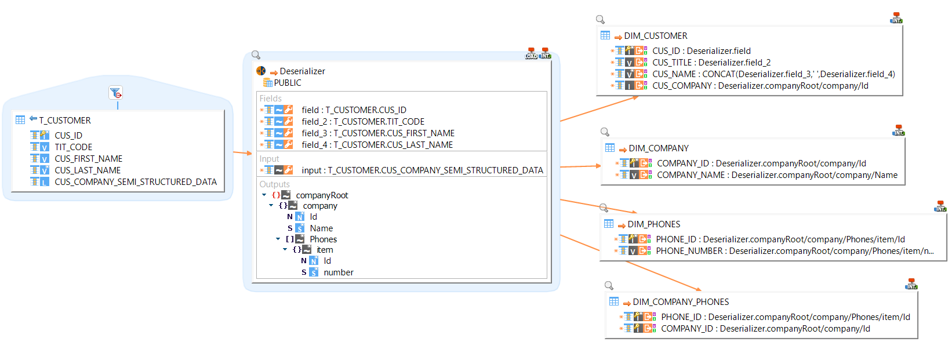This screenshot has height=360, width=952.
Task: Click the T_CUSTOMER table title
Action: pyautogui.click(x=64, y=121)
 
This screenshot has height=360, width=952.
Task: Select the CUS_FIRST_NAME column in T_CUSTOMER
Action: pyautogui.click(x=88, y=159)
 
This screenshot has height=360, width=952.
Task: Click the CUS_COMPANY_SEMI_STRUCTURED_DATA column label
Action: pyautogui.click(x=135, y=182)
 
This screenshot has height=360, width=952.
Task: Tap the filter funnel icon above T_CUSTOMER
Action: pyautogui.click(x=115, y=93)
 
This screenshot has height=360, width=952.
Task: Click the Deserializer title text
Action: pyautogui.click(x=302, y=71)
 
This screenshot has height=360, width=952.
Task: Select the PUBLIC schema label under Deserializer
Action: pyautogui.click(x=287, y=83)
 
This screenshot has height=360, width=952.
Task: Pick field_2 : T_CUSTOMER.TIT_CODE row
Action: pyautogui.click(x=362, y=122)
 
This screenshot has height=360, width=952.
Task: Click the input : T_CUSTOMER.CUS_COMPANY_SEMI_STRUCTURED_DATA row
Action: pyautogui.click(x=422, y=170)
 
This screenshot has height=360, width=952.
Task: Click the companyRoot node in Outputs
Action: pyautogui.click(x=322, y=195)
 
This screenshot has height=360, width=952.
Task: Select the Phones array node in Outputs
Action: pyautogui.click(x=323, y=239)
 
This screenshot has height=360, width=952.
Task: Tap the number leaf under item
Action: pyautogui.click(x=338, y=272)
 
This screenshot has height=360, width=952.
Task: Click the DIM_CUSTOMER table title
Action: pyautogui.click(x=655, y=36)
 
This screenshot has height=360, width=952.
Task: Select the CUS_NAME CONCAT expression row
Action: pyautogui.click(x=773, y=74)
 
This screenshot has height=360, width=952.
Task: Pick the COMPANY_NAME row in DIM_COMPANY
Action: pyautogui.click(x=776, y=175)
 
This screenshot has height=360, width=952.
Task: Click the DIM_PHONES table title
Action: pyautogui.click(x=653, y=224)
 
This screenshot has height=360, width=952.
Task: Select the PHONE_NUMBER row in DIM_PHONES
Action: pyautogui.click(x=794, y=251)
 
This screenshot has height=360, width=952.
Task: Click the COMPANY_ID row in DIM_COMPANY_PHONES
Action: pyautogui.click(x=765, y=329)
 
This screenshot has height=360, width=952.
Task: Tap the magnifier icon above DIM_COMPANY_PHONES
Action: pyautogui.click(x=609, y=285)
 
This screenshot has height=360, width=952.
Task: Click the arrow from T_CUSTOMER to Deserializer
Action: pyautogui.click(x=242, y=153)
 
